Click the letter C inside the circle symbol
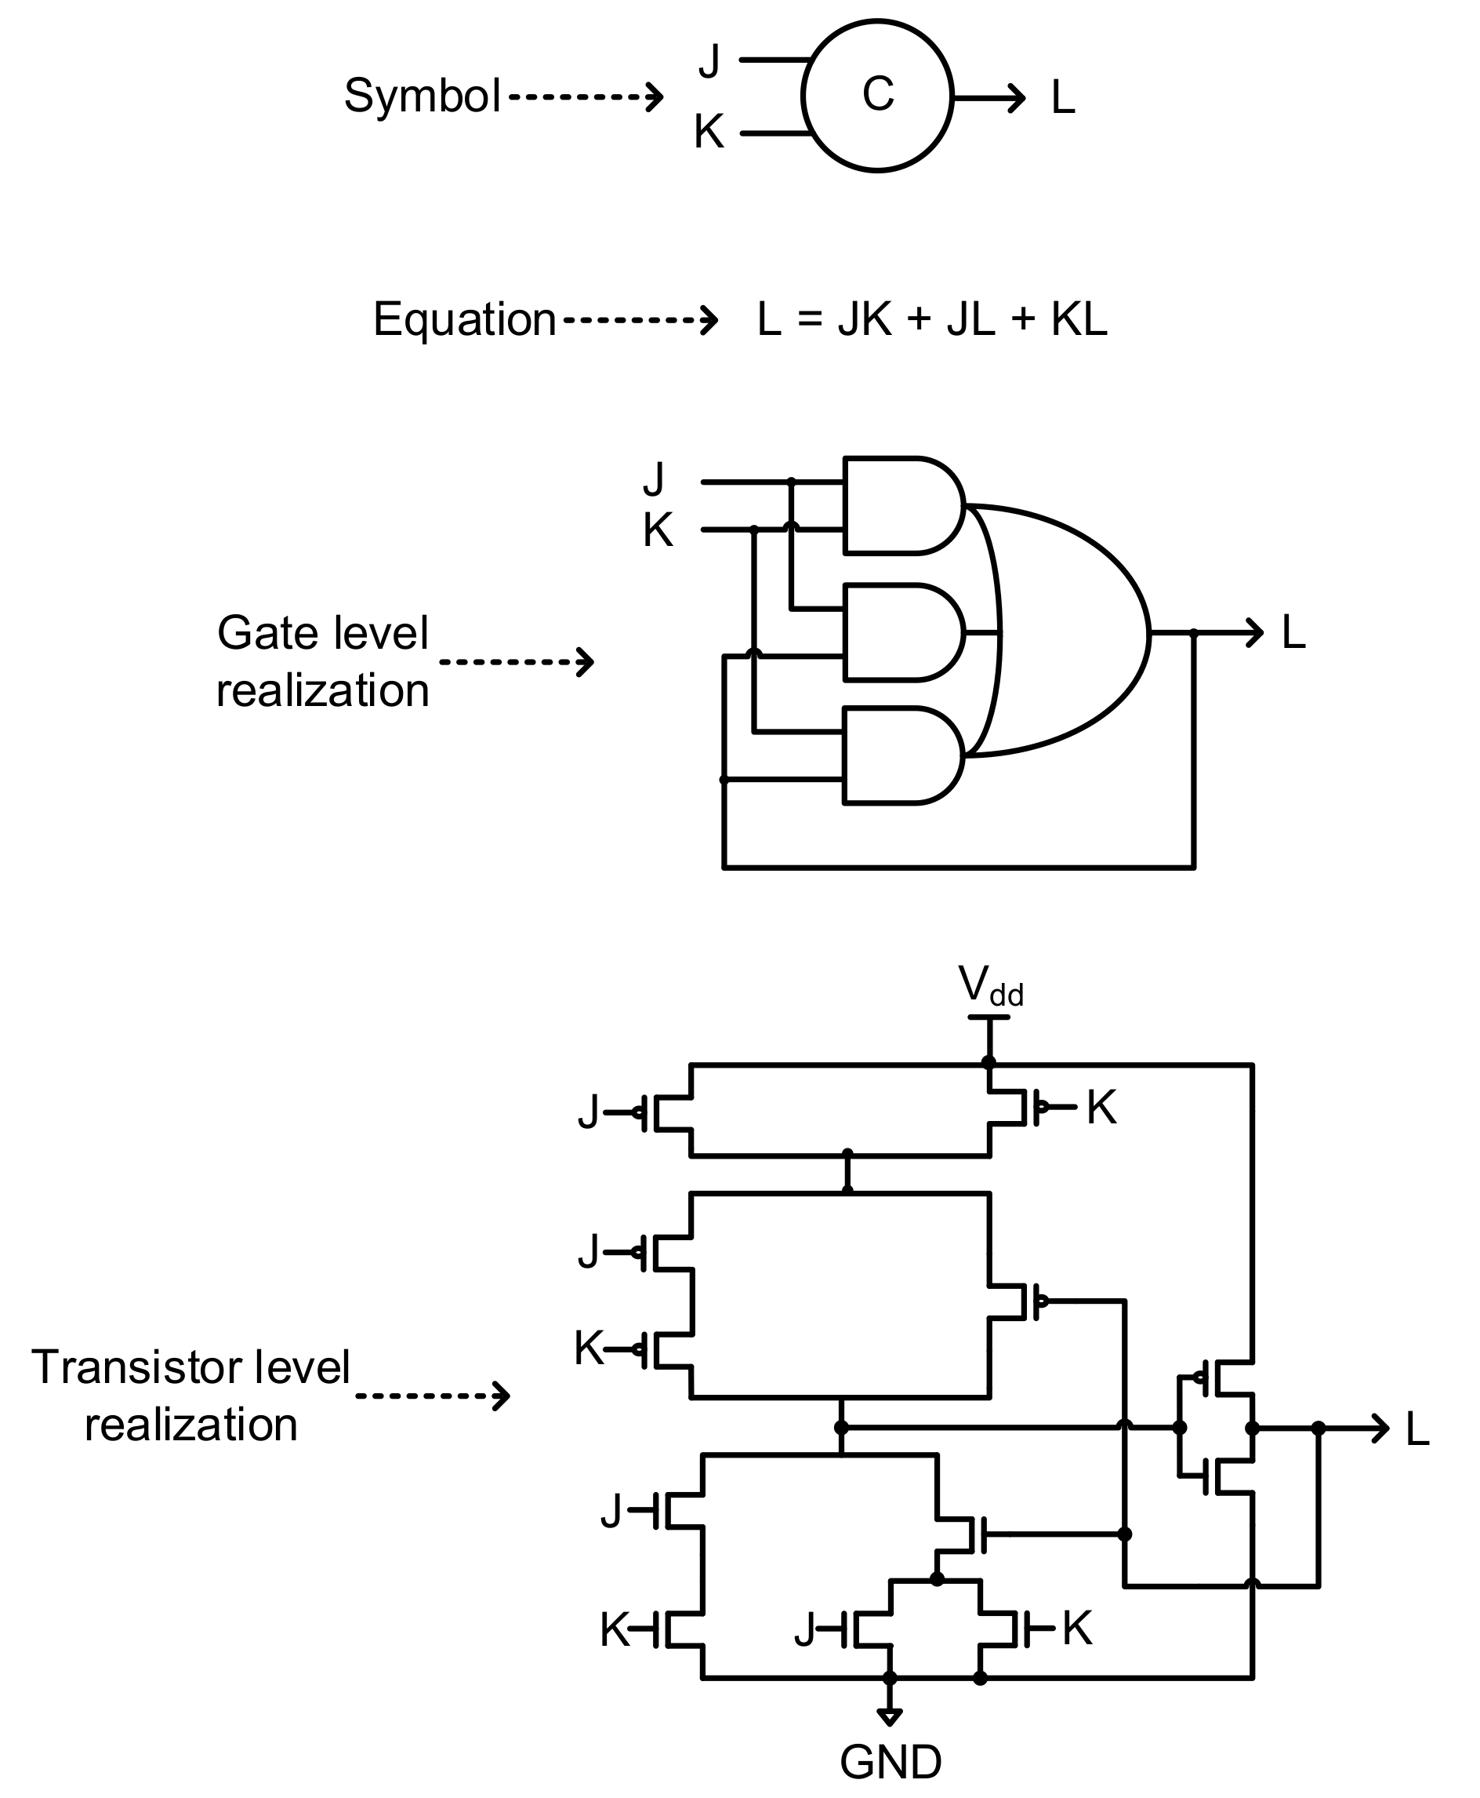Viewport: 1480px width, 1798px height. click(877, 94)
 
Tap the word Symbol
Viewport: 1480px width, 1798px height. click(421, 96)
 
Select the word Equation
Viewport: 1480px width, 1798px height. click(465, 320)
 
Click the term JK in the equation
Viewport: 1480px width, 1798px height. click(865, 320)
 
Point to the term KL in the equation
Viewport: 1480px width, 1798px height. click(1079, 320)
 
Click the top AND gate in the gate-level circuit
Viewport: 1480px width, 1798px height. click(899, 506)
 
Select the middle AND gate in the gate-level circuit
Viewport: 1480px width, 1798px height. click(899, 633)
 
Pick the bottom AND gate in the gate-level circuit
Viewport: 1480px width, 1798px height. click(899, 755)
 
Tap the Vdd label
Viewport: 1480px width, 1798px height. click(990, 987)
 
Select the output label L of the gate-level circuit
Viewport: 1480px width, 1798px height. click(1293, 634)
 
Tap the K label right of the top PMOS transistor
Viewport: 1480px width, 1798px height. click(1101, 1108)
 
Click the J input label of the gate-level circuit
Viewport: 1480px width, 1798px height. click(653, 479)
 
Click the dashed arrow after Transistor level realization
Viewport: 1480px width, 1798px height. click(432, 1396)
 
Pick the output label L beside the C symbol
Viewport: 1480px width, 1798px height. click(1062, 98)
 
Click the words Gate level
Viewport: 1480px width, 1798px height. click(322, 633)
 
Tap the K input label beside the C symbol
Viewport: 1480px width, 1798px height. click(709, 133)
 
